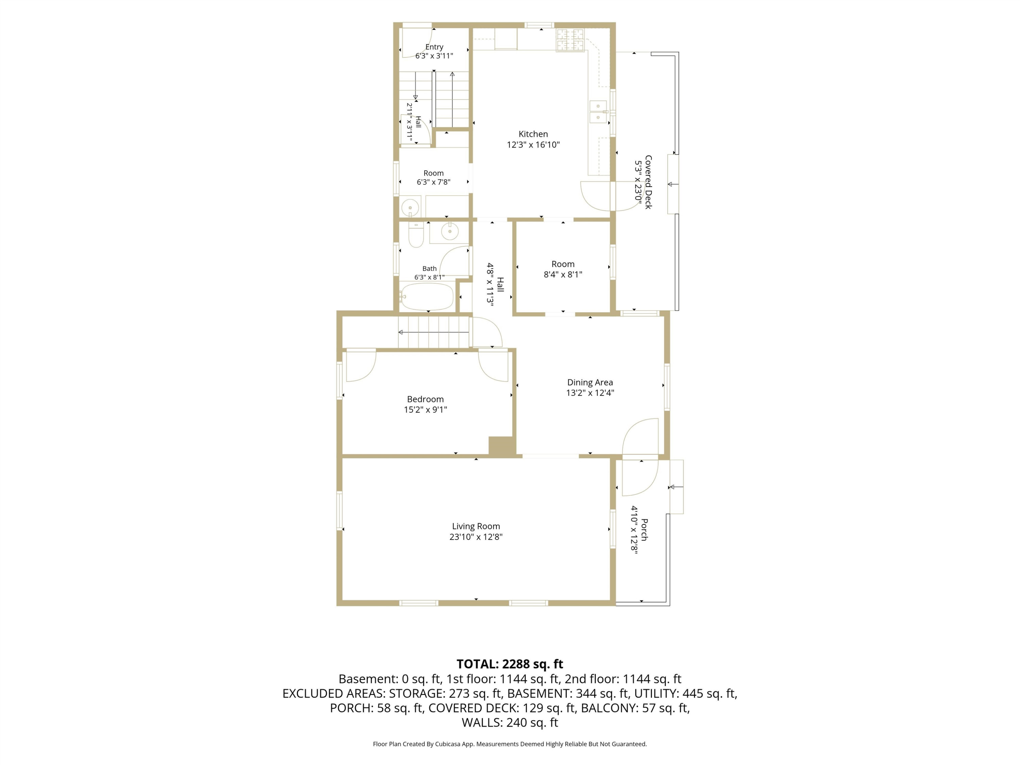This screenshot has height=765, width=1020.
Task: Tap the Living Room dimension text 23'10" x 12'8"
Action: (476, 537)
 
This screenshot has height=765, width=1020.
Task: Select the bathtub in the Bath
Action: (427, 296)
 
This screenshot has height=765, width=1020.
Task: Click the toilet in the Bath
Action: (416, 235)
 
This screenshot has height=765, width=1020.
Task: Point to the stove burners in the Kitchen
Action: (570, 40)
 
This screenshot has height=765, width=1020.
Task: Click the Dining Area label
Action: (590, 382)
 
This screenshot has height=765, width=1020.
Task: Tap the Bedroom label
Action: (425, 400)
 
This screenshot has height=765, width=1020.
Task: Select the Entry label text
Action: (435, 47)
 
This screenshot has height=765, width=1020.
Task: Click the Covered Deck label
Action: (648, 182)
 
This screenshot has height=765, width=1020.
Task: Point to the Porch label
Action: (645, 529)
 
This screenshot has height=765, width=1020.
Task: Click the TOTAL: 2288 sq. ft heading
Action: (510, 664)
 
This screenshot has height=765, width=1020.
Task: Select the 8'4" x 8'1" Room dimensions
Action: (563, 274)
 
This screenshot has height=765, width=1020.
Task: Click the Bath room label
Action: (429, 268)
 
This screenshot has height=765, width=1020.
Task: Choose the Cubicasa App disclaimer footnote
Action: (510, 744)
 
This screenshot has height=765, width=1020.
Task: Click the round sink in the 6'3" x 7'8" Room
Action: (410, 208)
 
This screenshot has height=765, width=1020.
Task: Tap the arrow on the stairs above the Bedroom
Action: (434, 332)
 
